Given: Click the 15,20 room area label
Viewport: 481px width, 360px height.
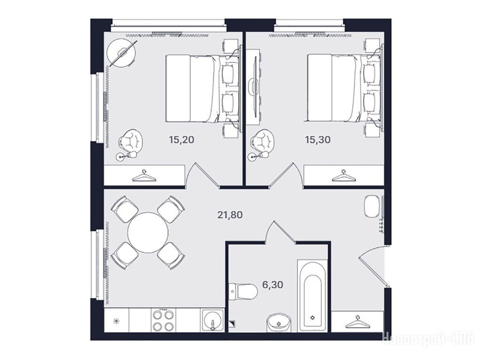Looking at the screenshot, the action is tap(181, 140).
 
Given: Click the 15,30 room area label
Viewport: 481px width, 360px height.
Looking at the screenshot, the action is tap(318, 140).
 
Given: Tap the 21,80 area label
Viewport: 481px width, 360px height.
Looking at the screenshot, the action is tap(230, 215).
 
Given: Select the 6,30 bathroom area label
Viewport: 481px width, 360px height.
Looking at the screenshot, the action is tap(272, 284).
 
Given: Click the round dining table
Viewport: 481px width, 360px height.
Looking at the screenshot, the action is tap(148, 232).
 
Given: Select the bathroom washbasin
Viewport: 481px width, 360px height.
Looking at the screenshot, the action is tap(279, 323).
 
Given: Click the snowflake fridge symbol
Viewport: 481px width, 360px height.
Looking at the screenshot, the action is tap(116, 322).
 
